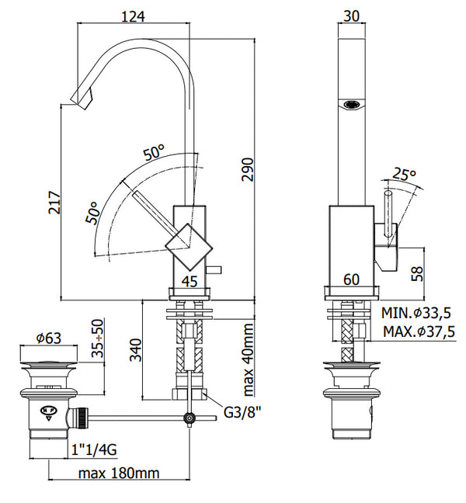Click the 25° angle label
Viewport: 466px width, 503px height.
point(404,174)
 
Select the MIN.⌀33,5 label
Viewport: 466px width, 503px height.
point(418,314)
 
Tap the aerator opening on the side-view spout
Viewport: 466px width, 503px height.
point(352,103)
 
